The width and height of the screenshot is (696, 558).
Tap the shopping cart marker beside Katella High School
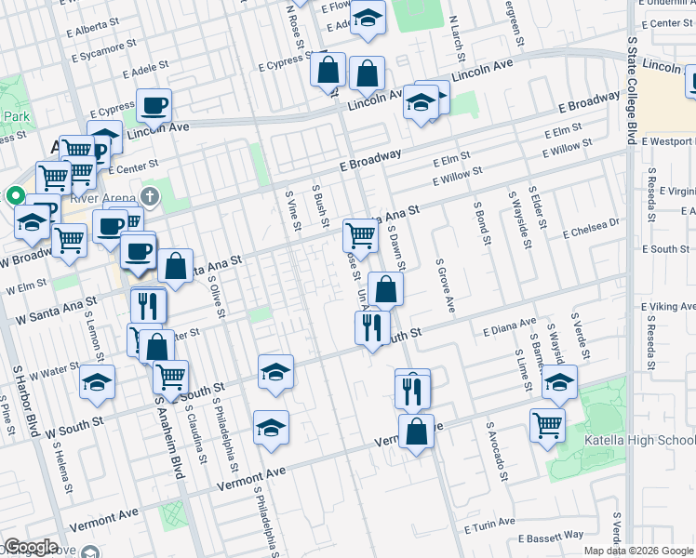547,424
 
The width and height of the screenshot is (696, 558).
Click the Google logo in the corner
31,547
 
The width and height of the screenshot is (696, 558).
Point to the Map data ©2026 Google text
638,551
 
